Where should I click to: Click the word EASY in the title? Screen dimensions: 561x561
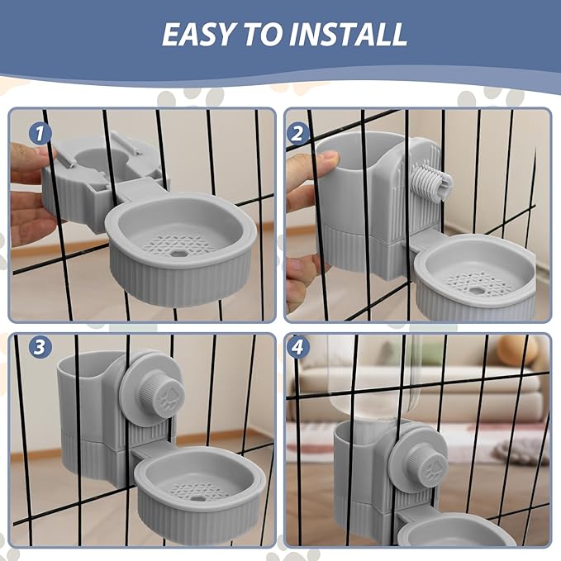pos(197,34)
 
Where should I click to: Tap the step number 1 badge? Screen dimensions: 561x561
pos(40,133)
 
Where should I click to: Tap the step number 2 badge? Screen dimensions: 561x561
pos(297,134)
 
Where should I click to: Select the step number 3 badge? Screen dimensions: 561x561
pos(40,347)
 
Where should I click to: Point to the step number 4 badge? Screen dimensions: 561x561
pos(297,347)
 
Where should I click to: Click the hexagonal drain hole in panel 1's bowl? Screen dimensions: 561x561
pos(177,253)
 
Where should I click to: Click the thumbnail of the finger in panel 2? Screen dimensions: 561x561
pos(329,158)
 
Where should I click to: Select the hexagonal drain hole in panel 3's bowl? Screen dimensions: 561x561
pos(197,497)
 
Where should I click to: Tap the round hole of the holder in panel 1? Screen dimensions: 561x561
pos(97,158)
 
